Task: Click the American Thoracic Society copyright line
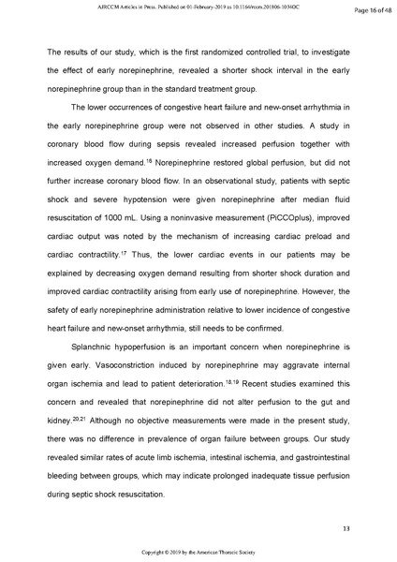198,554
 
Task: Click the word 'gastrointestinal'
315,454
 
